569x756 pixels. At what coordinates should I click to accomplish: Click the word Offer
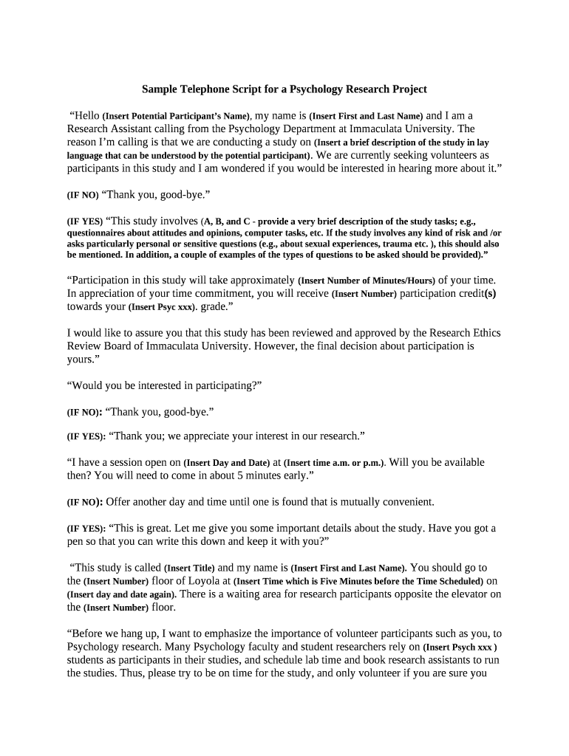(121, 502)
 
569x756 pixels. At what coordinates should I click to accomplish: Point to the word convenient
(405, 502)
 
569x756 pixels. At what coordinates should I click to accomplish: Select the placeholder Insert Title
(189, 568)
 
